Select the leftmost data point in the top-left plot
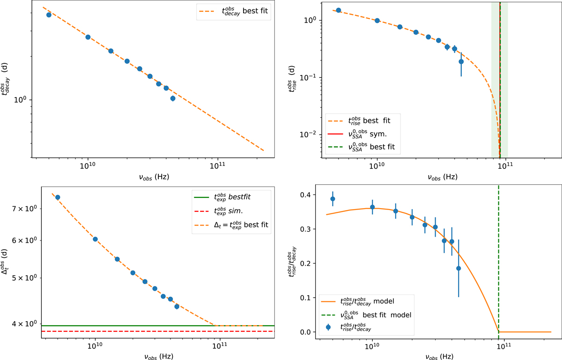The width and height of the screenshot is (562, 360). pos(49,15)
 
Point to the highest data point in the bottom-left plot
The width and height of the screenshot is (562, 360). pos(58,197)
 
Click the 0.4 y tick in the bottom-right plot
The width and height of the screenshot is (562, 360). pos(311,195)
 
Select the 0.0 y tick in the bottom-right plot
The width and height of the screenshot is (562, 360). pos(311,332)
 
